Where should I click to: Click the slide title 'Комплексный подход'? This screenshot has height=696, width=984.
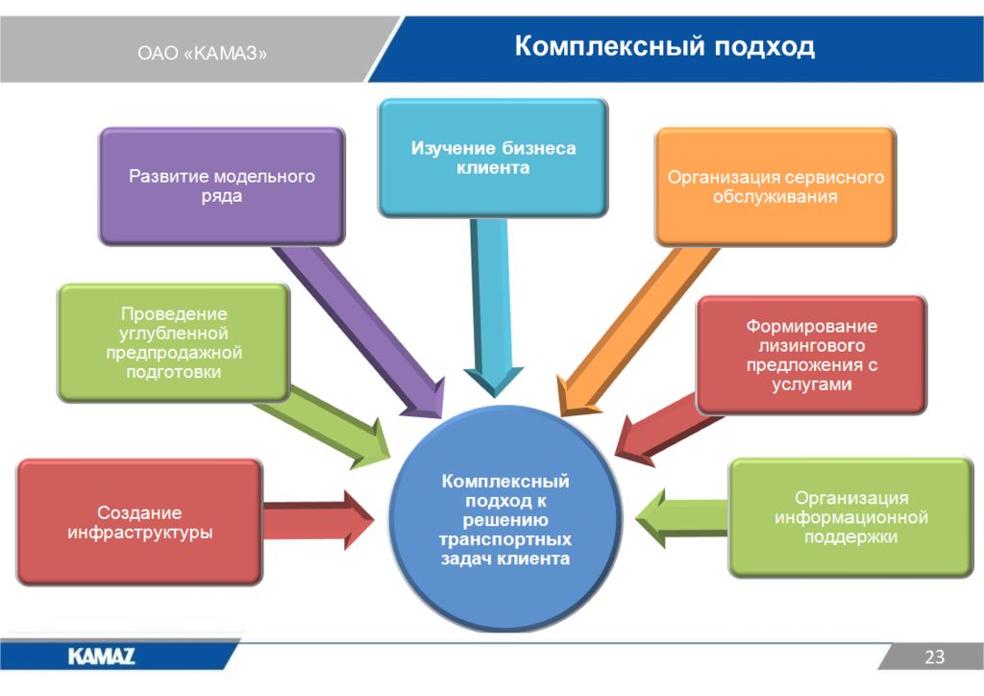pyautogui.click(x=665, y=47)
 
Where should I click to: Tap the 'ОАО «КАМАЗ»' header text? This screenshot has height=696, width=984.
pyautogui.click(x=202, y=53)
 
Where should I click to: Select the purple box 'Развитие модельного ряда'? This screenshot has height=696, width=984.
pyautogui.click(x=222, y=186)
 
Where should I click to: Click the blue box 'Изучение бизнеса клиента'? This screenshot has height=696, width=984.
pyautogui.click(x=493, y=158)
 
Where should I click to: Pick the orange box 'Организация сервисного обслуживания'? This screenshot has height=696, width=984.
pyautogui.click(x=775, y=186)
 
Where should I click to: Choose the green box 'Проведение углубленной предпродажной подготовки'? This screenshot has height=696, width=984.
pyautogui.click(x=174, y=342)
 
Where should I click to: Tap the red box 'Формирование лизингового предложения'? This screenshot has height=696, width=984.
pyautogui.click(x=811, y=355)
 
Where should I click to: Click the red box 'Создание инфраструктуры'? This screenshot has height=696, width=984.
pyautogui.click(x=139, y=522)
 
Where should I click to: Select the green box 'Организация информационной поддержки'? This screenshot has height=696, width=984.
pyautogui.click(x=850, y=517)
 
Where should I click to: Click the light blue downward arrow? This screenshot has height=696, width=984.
pyautogui.click(x=493, y=308)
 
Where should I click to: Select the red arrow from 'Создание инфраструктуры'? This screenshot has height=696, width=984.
pyautogui.click(x=318, y=520)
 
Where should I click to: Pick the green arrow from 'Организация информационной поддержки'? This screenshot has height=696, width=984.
pyautogui.click(x=681, y=518)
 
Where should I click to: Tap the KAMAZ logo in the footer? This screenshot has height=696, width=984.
pyautogui.click(x=102, y=657)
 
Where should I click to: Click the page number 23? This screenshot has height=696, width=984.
pyautogui.click(x=934, y=657)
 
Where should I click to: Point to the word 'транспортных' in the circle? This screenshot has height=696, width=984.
pyautogui.click(x=505, y=539)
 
